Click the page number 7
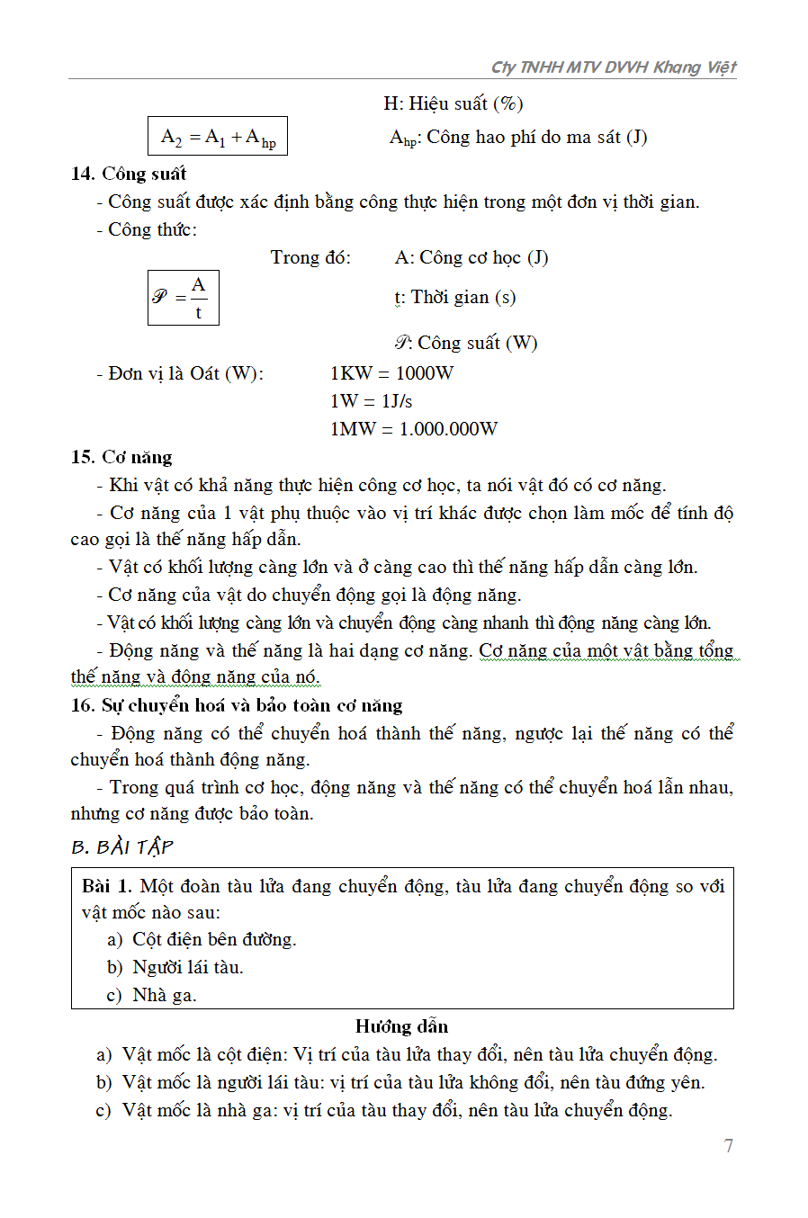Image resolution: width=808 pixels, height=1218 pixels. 728,1146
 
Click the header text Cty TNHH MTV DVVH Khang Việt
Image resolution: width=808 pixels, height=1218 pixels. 614,67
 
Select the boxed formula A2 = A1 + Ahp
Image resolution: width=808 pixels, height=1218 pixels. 218,137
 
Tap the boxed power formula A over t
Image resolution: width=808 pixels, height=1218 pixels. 184,298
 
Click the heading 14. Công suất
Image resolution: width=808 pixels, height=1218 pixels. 129,174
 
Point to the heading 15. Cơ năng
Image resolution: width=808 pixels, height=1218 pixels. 121,457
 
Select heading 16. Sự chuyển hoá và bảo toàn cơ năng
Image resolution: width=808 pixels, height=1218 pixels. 237,705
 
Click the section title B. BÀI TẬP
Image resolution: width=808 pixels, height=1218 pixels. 121,847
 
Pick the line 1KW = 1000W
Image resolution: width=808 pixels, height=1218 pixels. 391,373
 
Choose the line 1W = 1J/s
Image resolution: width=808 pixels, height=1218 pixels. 371,401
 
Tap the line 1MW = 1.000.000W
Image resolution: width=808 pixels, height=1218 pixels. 413,429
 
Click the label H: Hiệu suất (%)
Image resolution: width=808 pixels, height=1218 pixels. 453,103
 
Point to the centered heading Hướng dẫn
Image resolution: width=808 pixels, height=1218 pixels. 401,1026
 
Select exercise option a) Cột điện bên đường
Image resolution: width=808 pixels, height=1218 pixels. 202,940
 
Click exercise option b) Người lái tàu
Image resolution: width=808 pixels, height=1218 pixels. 175,968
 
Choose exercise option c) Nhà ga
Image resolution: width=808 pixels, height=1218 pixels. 152,996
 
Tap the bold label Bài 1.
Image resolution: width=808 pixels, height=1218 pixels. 107,886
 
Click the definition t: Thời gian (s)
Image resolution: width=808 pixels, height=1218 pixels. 454,298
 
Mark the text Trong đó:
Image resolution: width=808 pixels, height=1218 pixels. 310,258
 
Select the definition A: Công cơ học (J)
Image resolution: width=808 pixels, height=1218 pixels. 471,258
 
